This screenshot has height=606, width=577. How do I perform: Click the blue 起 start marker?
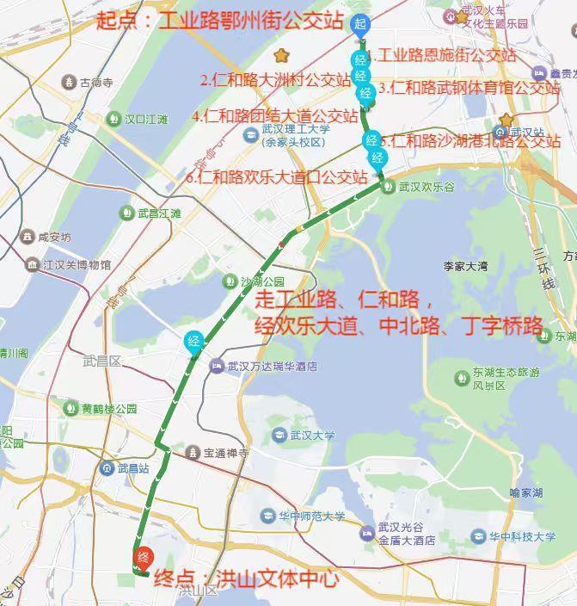coord(360,24)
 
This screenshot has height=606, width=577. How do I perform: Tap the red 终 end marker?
coord(144,557)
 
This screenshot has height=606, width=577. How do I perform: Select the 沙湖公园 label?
coord(261,281)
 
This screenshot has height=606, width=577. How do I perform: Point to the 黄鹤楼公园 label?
coord(109,408)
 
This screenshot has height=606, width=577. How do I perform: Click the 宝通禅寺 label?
coord(225,452)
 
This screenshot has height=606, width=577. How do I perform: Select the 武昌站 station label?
coord(132,468)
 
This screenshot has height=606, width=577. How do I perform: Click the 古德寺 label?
coord(95,83)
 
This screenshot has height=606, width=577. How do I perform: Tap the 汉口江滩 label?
coord(145,120)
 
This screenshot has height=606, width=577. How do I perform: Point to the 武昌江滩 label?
coord(159,213)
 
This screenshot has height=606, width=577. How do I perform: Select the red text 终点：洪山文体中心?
coord(247,579)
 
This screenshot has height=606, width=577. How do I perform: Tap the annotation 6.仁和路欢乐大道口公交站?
coord(275,178)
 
